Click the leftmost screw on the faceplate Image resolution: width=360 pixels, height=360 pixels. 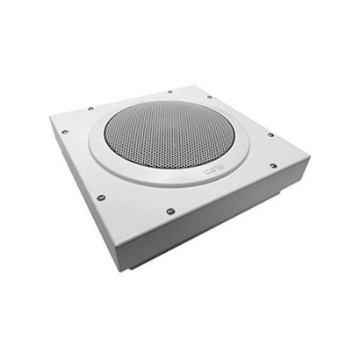(x=65, y=134)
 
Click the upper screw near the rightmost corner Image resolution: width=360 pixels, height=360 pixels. (x=270, y=135)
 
